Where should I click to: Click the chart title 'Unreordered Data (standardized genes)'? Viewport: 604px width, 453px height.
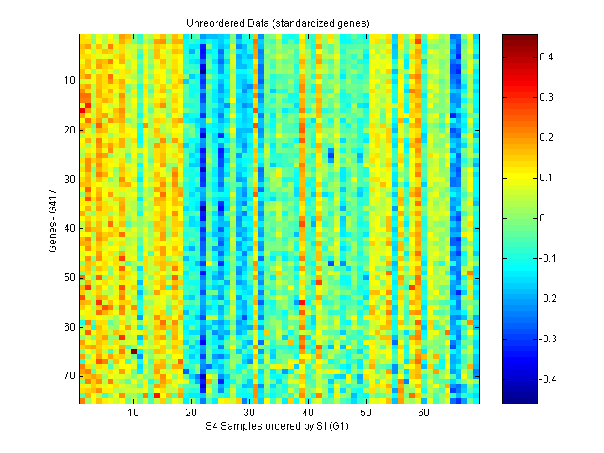pos(278,23)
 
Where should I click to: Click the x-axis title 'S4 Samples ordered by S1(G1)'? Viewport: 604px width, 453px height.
pos(278,427)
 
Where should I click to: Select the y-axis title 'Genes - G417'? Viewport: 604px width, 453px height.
pos(53,218)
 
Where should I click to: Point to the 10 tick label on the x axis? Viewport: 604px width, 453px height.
pos(133,414)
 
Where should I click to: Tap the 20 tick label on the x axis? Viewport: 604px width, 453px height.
pos(191,414)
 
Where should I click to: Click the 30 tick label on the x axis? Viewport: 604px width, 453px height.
pos(249,414)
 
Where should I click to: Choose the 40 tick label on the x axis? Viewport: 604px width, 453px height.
pos(307,414)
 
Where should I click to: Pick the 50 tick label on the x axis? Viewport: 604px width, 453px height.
pos(365,414)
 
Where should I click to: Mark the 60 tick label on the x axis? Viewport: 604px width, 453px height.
pos(423,414)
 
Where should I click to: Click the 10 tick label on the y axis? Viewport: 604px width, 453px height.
pos(70,81)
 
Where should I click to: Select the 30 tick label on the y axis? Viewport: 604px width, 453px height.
pos(70,179)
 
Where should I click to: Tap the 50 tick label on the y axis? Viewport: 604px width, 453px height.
pos(70,277)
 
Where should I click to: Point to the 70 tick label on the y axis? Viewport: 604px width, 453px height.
pos(70,375)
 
